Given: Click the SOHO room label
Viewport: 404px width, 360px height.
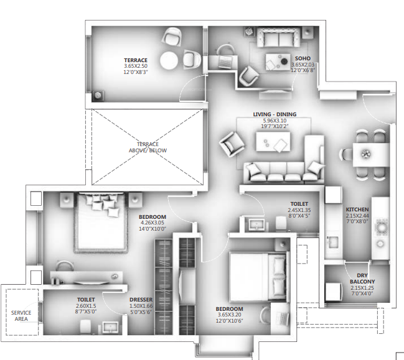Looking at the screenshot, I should [303, 58].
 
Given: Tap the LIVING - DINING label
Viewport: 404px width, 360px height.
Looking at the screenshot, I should [275, 114].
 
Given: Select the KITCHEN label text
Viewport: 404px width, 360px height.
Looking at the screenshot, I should [357, 210].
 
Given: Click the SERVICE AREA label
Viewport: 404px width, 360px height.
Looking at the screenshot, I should [21, 316].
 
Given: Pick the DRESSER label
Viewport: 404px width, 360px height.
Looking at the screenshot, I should [141, 300].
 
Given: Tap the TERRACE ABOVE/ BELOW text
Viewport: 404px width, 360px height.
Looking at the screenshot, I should [148, 147].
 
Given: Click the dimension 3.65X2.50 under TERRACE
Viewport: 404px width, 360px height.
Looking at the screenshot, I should [135, 67].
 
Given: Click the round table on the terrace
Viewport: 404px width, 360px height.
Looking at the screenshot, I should [170, 60].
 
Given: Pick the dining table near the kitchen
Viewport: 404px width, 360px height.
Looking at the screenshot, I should [366, 153].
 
